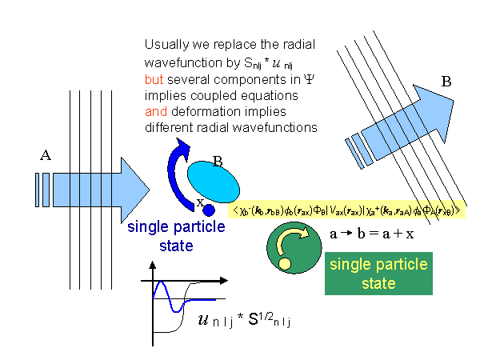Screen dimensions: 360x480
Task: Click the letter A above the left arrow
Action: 45,157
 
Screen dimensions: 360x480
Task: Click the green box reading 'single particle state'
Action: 378,274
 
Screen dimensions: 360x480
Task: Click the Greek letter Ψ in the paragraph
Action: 308,80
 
